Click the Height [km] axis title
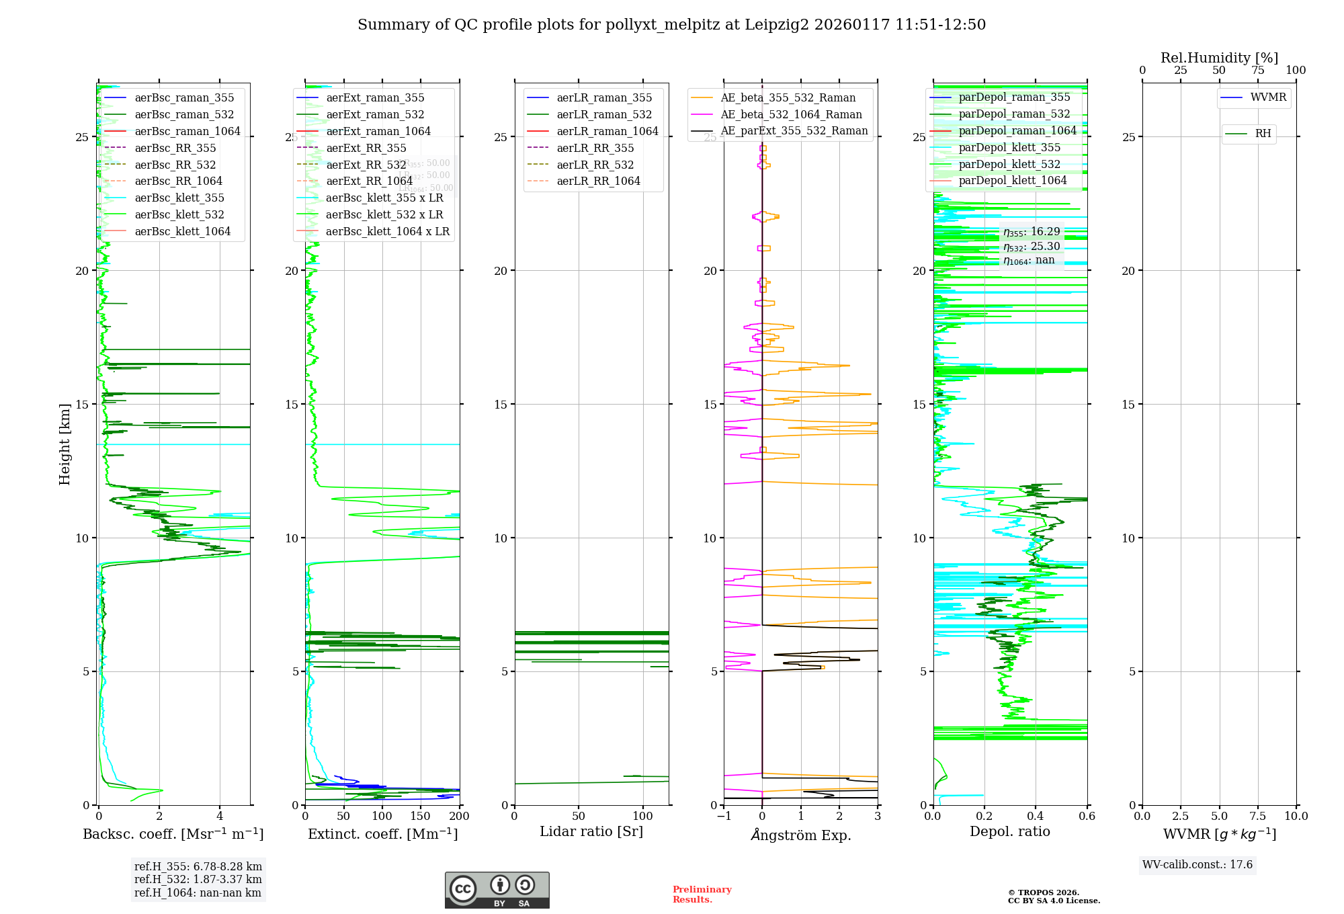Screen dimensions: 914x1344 (x=65, y=444)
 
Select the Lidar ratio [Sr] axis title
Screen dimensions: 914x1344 (x=591, y=832)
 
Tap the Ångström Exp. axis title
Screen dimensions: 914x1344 (x=800, y=835)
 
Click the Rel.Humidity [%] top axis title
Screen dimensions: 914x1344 (x=1219, y=58)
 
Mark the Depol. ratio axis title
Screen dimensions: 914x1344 (x=1009, y=832)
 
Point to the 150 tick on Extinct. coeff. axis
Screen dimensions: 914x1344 (x=420, y=817)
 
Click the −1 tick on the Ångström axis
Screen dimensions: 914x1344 (x=724, y=817)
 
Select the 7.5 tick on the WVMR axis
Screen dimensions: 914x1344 (x=1258, y=817)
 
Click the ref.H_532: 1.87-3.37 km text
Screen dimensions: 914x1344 (x=198, y=880)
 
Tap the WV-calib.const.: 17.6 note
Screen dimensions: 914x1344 (x=1198, y=865)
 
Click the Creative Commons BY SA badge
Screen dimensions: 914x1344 (x=497, y=890)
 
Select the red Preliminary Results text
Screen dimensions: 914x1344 (x=702, y=895)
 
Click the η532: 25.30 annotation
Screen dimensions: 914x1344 (x=1031, y=247)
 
